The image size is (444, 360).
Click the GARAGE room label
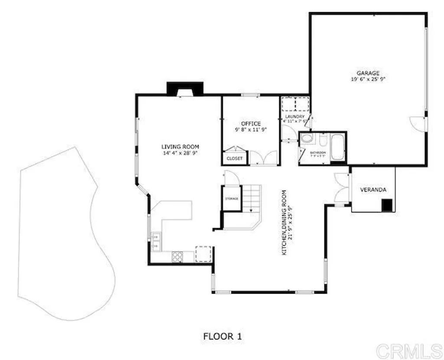click(x=368, y=73)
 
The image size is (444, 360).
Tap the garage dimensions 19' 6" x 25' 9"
click(x=368, y=79)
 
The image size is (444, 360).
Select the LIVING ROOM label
click(x=180, y=147)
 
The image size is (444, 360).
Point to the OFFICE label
click(x=251, y=124)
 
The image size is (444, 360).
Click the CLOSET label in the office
click(x=235, y=159)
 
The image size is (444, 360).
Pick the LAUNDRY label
click(x=295, y=117)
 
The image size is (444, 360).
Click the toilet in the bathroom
click(x=307, y=139)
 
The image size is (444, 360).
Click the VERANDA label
click(x=373, y=190)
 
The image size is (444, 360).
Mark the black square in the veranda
click(x=387, y=205)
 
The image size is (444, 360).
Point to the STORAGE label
click(x=232, y=199)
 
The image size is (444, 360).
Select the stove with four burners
click(x=177, y=257)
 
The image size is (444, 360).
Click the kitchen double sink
click(x=156, y=241)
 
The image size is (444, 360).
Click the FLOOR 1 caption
click(x=222, y=336)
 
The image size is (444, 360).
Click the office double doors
click(x=264, y=157)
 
